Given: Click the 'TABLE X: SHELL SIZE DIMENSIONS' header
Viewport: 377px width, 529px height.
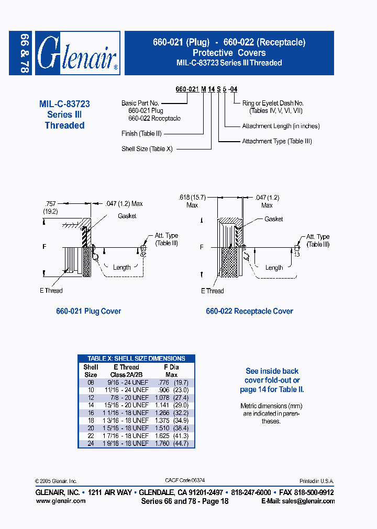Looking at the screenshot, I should point(136,359).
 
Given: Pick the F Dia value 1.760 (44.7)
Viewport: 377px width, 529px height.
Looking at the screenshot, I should point(173,443).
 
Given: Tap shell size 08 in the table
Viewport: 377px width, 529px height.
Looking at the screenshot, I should point(91,383).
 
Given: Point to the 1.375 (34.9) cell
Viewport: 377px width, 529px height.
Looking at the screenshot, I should point(173,420).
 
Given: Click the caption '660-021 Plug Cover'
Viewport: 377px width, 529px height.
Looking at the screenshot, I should point(88,311).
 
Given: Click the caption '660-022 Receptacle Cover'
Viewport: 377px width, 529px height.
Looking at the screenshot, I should point(249,311).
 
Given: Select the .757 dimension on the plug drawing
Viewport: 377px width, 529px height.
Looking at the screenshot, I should point(50,203).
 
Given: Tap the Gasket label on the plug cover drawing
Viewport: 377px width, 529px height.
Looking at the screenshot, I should point(127,216).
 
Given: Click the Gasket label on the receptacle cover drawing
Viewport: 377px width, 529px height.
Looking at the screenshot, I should point(273,219).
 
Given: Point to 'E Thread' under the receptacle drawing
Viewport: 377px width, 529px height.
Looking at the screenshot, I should point(212,291).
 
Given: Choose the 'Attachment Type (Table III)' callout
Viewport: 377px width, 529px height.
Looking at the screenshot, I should point(276,141).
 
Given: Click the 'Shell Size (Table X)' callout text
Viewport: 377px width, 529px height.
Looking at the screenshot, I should point(147,149).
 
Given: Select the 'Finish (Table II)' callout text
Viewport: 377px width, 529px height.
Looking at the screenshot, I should point(141,134).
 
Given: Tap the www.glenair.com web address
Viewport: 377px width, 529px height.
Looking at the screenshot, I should point(60,501).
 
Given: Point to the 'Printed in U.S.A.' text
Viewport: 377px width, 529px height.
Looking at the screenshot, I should point(316,481).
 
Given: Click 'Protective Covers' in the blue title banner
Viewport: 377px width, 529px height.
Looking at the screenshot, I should point(229,53).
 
